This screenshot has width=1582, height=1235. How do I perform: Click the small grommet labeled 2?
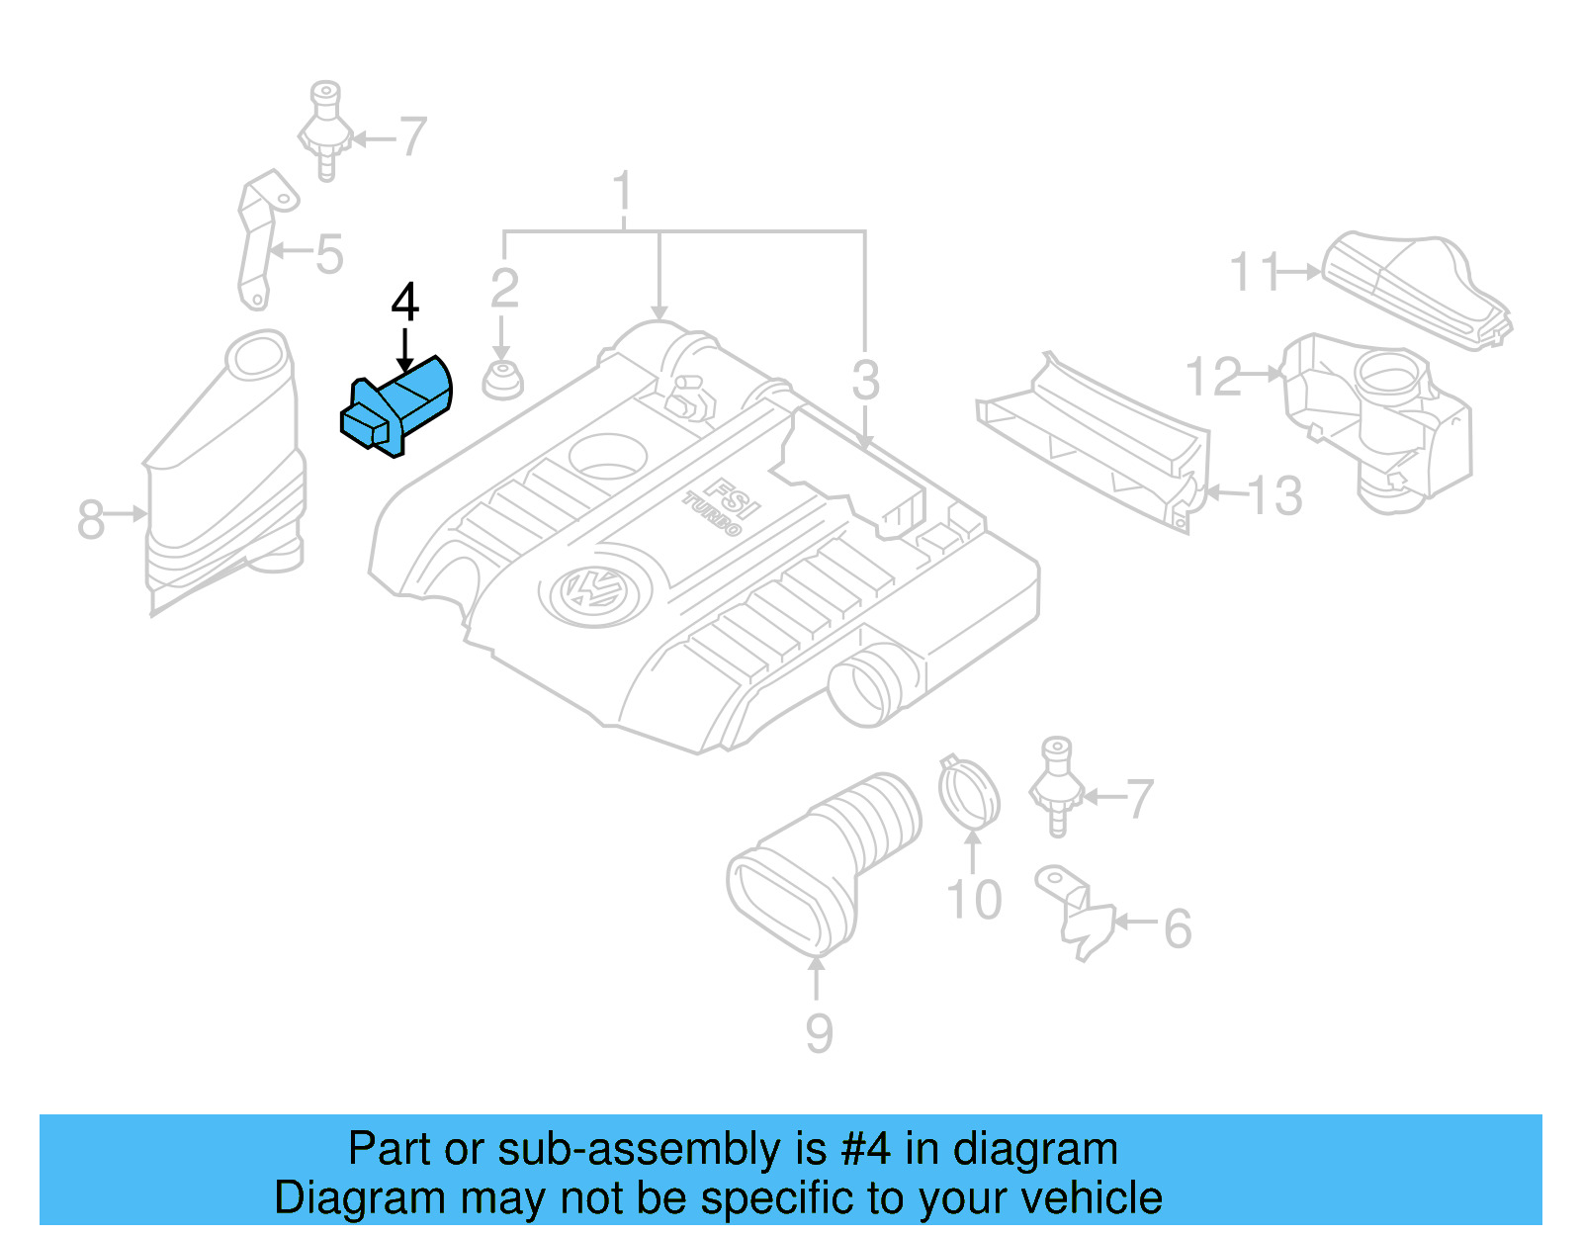(x=502, y=381)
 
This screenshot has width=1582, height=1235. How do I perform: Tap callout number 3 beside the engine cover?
(x=865, y=381)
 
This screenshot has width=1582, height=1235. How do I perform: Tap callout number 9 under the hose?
(x=818, y=1033)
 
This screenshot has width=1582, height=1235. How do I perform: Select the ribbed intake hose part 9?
(x=826, y=860)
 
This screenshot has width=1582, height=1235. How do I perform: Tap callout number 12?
(x=1213, y=377)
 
